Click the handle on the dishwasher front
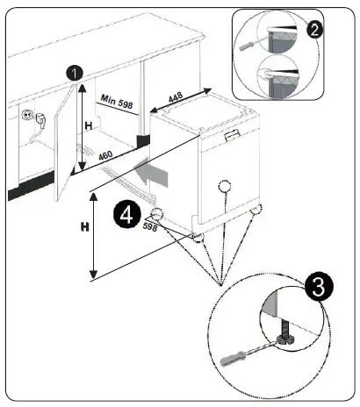233,133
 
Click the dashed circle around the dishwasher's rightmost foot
257,211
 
